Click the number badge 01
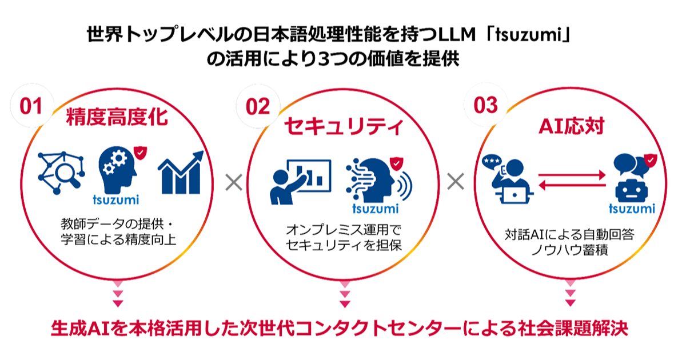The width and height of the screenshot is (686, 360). [31, 106]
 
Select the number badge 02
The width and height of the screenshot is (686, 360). [258, 106]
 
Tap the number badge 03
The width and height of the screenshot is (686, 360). [486, 105]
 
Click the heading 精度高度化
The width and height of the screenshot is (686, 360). [117, 117]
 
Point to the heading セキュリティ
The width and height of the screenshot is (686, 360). [344, 126]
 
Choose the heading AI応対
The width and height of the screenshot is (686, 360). [571, 126]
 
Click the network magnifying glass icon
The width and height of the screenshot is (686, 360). [61, 173]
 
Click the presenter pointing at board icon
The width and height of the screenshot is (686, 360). [301, 182]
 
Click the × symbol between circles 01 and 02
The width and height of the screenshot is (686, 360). [234, 182]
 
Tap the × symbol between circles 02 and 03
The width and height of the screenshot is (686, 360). [456, 182]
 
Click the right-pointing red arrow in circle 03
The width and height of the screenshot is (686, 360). [572, 175]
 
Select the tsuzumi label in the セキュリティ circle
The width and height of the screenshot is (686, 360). [376, 209]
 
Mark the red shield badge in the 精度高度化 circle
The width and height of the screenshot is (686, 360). [140, 153]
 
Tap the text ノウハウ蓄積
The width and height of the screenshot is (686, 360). [569, 250]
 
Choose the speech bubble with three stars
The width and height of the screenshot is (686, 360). [492, 161]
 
